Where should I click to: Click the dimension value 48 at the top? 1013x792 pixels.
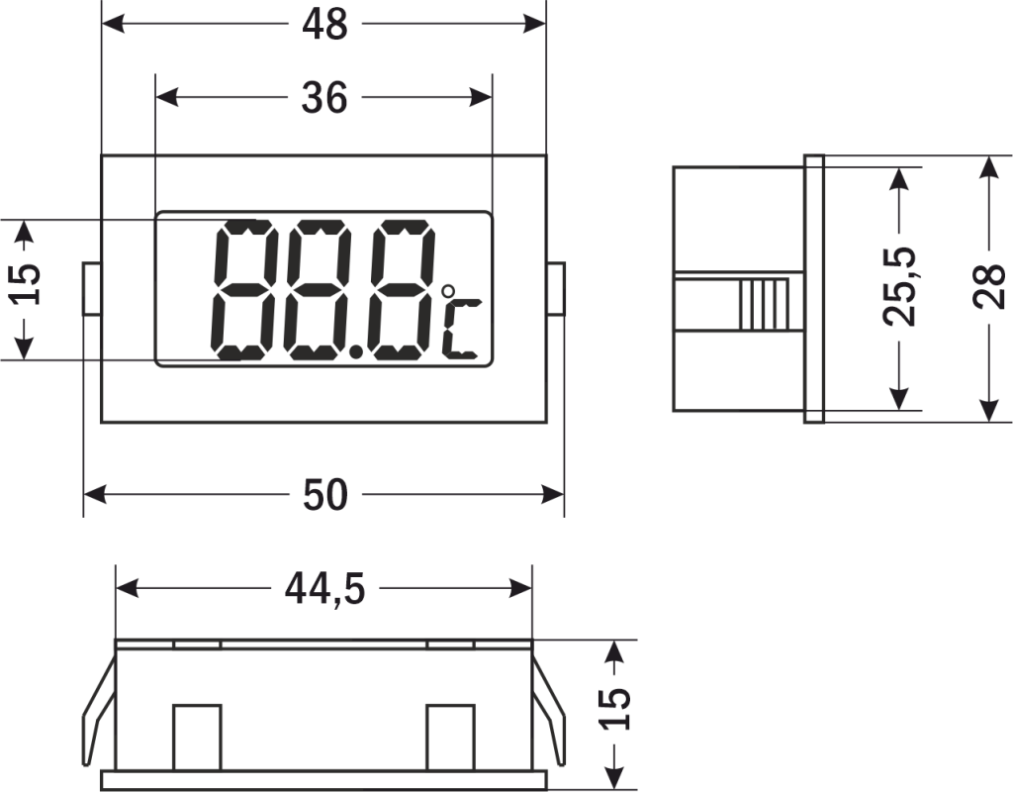[323, 24]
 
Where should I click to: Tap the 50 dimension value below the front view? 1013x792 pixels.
[325, 495]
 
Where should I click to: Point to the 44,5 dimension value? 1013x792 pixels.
[325, 590]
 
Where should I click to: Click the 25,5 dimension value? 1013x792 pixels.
[900, 287]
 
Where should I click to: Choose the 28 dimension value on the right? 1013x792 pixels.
[988, 287]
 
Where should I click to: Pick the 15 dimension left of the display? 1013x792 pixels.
[27, 287]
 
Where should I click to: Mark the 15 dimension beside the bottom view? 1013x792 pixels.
[614, 708]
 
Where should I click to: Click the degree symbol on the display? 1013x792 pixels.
[448, 292]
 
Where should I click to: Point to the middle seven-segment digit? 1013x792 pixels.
[316, 289]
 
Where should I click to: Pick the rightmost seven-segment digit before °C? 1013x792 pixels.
[395, 289]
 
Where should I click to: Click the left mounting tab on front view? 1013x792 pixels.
[91, 288]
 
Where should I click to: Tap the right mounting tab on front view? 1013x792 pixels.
[556, 288]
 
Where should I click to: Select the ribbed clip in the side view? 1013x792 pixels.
[766, 305]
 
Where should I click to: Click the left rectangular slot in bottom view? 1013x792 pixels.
[197, 736]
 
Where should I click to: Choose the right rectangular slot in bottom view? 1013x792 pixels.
[450, 736]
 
